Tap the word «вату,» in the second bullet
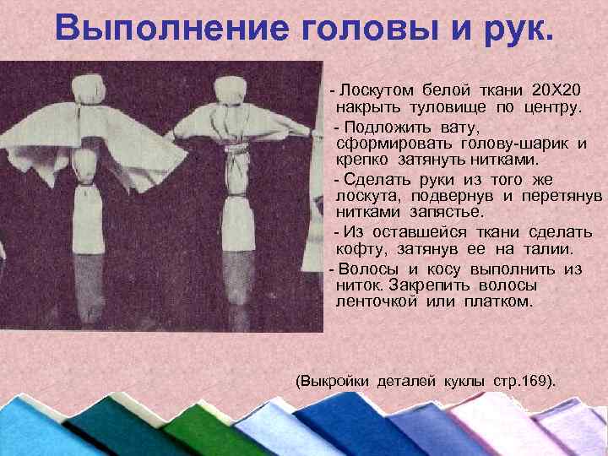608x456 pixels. coord(458,128)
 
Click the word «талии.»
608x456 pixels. coord(549,249)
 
